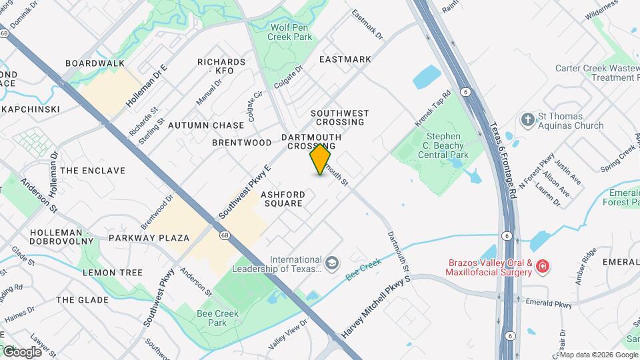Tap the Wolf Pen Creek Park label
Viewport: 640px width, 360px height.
291,32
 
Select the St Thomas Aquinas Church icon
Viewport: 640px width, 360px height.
527,119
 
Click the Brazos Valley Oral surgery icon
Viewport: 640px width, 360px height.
543,267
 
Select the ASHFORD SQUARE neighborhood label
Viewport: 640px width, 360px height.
283,199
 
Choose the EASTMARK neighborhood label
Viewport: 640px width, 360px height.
345,59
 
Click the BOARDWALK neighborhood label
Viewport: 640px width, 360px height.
95,63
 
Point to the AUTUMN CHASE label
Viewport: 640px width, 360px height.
206,125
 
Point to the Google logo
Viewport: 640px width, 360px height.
21,351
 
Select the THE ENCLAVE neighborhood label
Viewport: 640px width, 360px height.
93,171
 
